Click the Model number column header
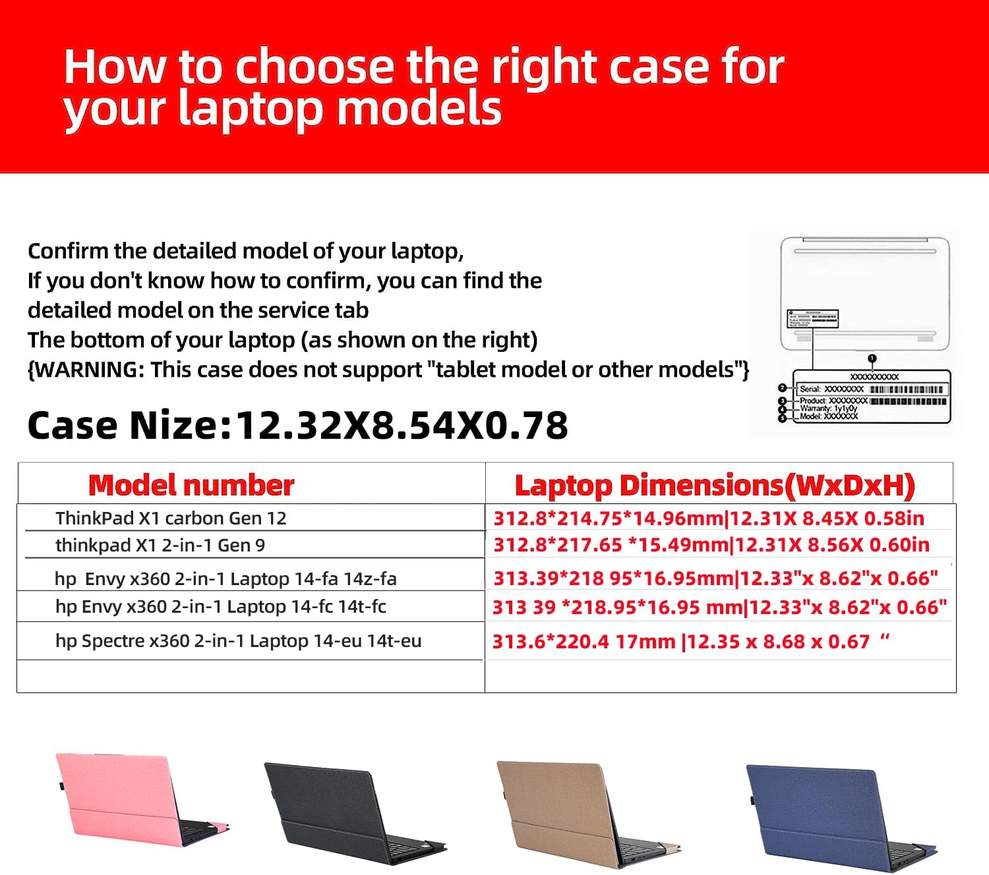coord(191,486)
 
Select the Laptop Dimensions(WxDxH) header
coord(715,486)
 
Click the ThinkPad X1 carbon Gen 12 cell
coord(171,519)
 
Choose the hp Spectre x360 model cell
coord(238,641)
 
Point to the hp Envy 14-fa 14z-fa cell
coord(225,579)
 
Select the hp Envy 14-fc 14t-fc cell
coord(220,607)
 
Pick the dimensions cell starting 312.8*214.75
coord(709,519)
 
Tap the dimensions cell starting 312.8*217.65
coord(711,546)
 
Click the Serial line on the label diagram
coord(831,389)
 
